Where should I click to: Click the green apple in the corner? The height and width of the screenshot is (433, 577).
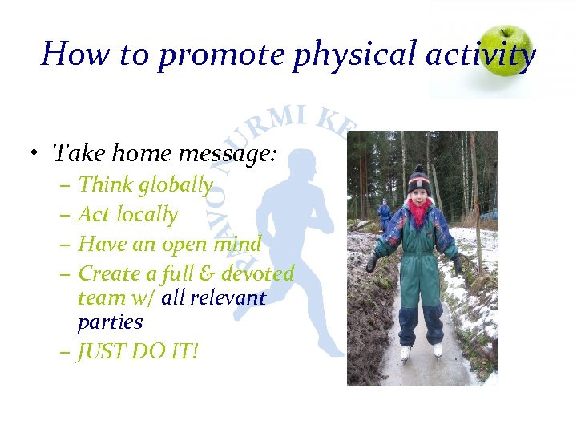pos(506,50)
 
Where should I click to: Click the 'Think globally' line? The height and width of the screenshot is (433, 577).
pos(145,185)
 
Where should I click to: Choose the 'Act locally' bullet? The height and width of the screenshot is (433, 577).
pos(127,214)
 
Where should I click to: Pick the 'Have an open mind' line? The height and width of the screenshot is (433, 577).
pos(169,244)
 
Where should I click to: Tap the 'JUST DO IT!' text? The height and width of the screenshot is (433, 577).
pos(137,351)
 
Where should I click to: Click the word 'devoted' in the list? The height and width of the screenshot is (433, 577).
pos(258,273)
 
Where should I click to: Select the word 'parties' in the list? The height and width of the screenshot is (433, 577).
pos(110,323)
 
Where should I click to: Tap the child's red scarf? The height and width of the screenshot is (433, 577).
pos(417,214)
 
